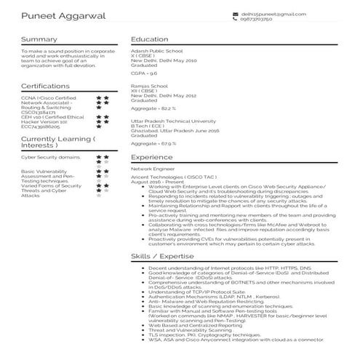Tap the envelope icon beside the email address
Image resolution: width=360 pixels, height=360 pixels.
[x=235, y=14]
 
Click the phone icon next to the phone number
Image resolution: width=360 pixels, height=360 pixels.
[x=235, y=20]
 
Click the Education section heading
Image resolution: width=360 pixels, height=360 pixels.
[x=150, y=39]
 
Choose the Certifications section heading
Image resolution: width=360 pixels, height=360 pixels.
[x=46, y=86]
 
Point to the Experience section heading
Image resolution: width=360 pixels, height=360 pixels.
[x=152, y=156]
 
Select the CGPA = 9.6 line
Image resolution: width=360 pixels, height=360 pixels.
[x=143, y=73]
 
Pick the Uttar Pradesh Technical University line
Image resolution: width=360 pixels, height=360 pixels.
[x=173, y=120]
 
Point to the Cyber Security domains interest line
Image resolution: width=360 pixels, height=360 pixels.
[x=50, y=156]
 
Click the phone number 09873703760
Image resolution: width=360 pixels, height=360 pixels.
[x=262, y=20]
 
